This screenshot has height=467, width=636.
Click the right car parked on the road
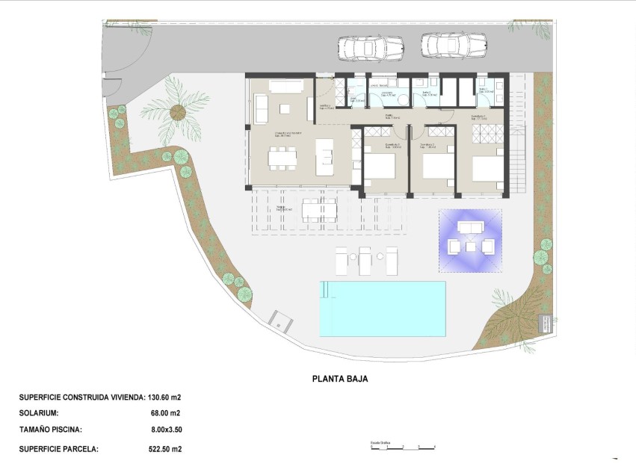click(x=454, y=46)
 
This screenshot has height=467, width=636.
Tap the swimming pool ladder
click(x=325, y=291)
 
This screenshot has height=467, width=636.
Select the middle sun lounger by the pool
click(x=365, y=262)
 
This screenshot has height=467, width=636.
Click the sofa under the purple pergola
click(x=470, y=228)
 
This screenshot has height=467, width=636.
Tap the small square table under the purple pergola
click(x=470, y=246)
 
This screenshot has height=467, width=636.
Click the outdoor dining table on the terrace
click(x=318, y=209)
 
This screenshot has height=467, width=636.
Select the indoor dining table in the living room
click(x=283, y=157)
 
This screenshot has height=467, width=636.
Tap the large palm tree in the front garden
click(x=178, y=113)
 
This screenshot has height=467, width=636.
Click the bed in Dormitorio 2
click(x=437, y=165)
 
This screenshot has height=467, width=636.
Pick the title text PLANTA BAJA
click(x=339, y=379)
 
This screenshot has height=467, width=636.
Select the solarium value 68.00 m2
click(x=165, y=413)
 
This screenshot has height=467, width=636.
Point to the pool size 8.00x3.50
click(x=166, y=430)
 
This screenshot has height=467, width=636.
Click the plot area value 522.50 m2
click(x=165, y=450)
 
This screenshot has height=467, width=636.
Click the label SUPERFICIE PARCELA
click(x=58, y=450)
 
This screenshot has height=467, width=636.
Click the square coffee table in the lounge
click(x=284, y=108)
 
